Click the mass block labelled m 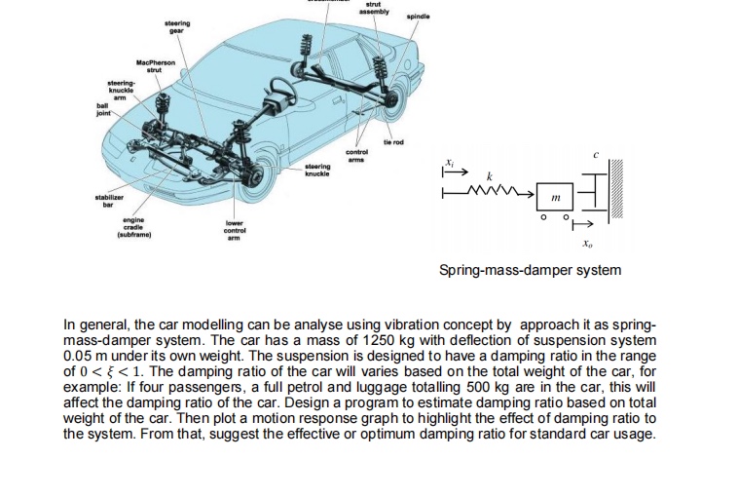555,198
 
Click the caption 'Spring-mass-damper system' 529,269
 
